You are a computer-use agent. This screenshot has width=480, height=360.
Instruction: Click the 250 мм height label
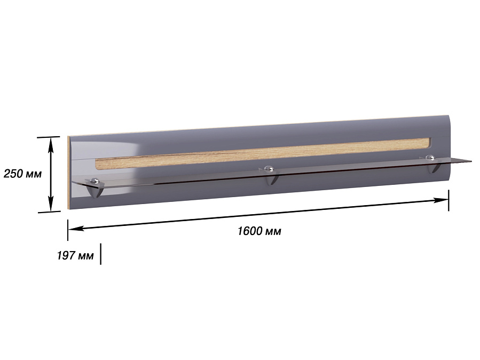coord(22,174)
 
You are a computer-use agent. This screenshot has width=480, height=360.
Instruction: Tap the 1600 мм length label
coord(259,231)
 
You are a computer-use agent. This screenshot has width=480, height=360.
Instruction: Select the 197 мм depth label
coord(75,255)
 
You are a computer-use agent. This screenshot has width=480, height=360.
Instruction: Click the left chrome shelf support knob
coord(96,181)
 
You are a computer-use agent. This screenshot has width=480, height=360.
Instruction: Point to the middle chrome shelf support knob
coord(269,168)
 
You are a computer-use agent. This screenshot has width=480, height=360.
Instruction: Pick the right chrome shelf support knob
coord(431,158)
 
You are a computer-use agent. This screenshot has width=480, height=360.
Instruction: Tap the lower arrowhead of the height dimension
coord(51,204)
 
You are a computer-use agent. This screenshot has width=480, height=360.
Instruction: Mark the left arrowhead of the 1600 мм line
coord(76,228)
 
